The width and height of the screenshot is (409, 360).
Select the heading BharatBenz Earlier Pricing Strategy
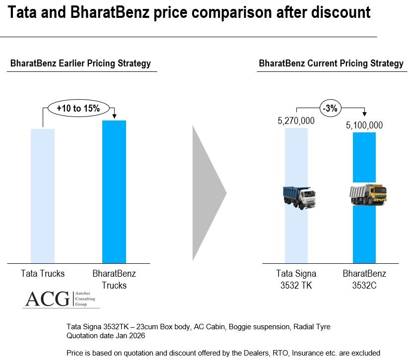(x=80, y=63)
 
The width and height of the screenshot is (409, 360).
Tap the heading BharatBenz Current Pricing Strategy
(x=331, y=63)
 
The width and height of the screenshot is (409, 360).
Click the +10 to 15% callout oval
(x=78, y=108)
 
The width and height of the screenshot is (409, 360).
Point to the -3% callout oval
(x=331, y=108)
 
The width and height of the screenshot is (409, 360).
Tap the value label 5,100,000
(x=364, y=125)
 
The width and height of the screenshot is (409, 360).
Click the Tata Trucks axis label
(x=43, y=274)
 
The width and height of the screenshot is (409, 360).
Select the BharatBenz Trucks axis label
(x=114, y=279)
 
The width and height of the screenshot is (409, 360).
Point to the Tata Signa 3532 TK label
(x=296, y=279)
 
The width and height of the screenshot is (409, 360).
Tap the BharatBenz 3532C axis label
(x=364, y=279)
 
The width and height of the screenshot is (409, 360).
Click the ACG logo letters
(x=48, y=299)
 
